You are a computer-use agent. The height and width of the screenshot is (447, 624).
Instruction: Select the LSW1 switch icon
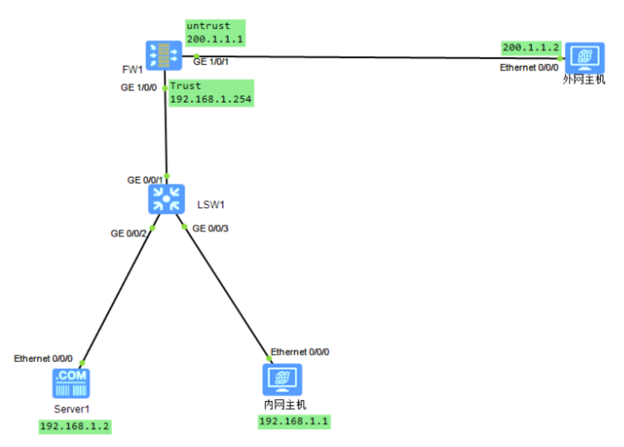click(x=166, y=199)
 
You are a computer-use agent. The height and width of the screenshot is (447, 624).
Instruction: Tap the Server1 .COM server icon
click(x=71, y=383)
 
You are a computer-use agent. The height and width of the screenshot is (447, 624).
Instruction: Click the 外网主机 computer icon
click(x=584, y=58)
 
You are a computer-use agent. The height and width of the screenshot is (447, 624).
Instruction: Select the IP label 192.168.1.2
click(x=75, y=427)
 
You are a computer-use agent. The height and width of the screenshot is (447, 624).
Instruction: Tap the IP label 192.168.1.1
click(x=294, y=422)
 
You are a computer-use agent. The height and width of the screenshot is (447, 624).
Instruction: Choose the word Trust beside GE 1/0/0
click(x=186, y=86)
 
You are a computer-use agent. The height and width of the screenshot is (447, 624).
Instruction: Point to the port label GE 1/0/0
click(x=139, y=88)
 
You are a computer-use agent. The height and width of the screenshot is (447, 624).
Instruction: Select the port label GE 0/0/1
click(x=145, y=180)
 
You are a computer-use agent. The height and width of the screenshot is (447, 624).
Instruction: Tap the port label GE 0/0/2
click(x=129, y=233)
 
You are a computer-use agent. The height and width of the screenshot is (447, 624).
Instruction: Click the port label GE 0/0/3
click(x=210, y=228)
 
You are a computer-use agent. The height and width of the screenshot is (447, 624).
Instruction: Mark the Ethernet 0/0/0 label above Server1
click(x=44, y=359)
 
